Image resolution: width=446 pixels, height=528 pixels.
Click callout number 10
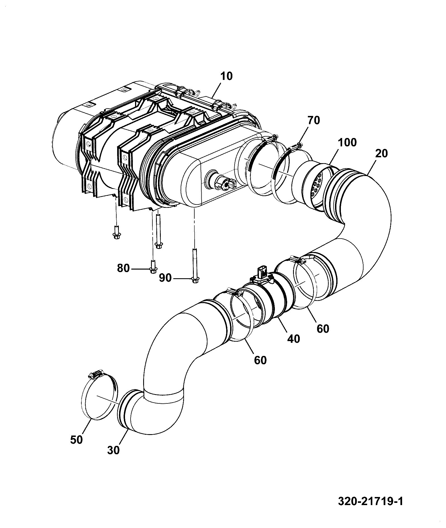click(226, 76)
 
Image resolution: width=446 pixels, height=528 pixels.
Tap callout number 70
click(313, 120)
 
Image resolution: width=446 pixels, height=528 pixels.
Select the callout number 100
click(347, 142)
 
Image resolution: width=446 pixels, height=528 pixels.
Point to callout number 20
click(381, 153)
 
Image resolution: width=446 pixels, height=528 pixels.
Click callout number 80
click(123, 268)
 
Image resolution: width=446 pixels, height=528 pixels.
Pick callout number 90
click(165, 278)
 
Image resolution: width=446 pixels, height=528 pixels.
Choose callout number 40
click(293, 339)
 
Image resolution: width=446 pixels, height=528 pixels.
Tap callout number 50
click(76, 440)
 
